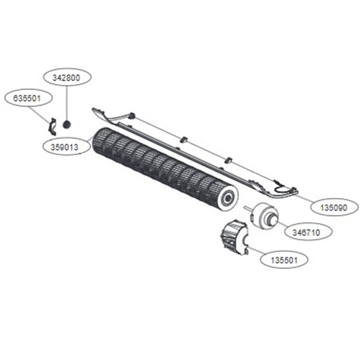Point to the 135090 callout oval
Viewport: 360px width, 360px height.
(x=333, y=207)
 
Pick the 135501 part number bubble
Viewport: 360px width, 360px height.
(x=284, y=260)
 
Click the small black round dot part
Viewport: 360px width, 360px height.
(x=67, y=124)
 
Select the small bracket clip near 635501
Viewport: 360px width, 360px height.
(x=52, y=127)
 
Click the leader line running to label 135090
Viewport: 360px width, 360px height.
(x=303, y=198)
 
